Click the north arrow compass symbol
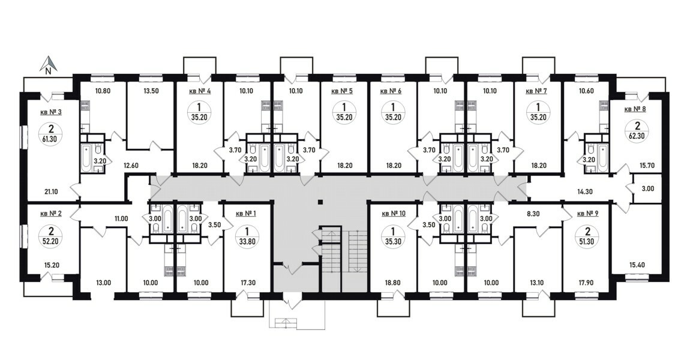tap(49, 65)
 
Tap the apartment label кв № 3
tap(51, 112)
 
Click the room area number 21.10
tap(50, 191)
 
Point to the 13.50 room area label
tap(151, 91)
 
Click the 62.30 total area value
tap(637, 135)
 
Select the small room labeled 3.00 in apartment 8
tap(648, 188)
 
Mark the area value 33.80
tap(247, 241)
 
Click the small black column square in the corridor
tap(320, 202)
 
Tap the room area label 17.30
tap(248, 283)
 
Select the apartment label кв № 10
tap(394, 214)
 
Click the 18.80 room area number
tap(393, 283)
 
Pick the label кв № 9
tap(587, 214)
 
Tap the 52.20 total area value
tap(50, 241)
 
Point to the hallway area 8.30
tap(533, 214)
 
